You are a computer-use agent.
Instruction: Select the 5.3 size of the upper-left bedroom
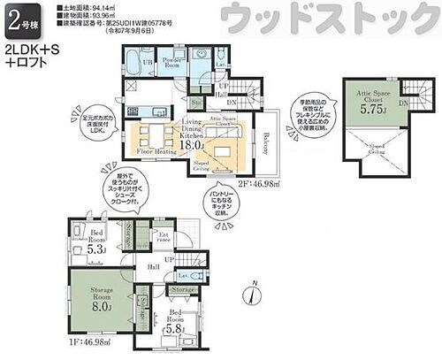(x=99, y=249)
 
